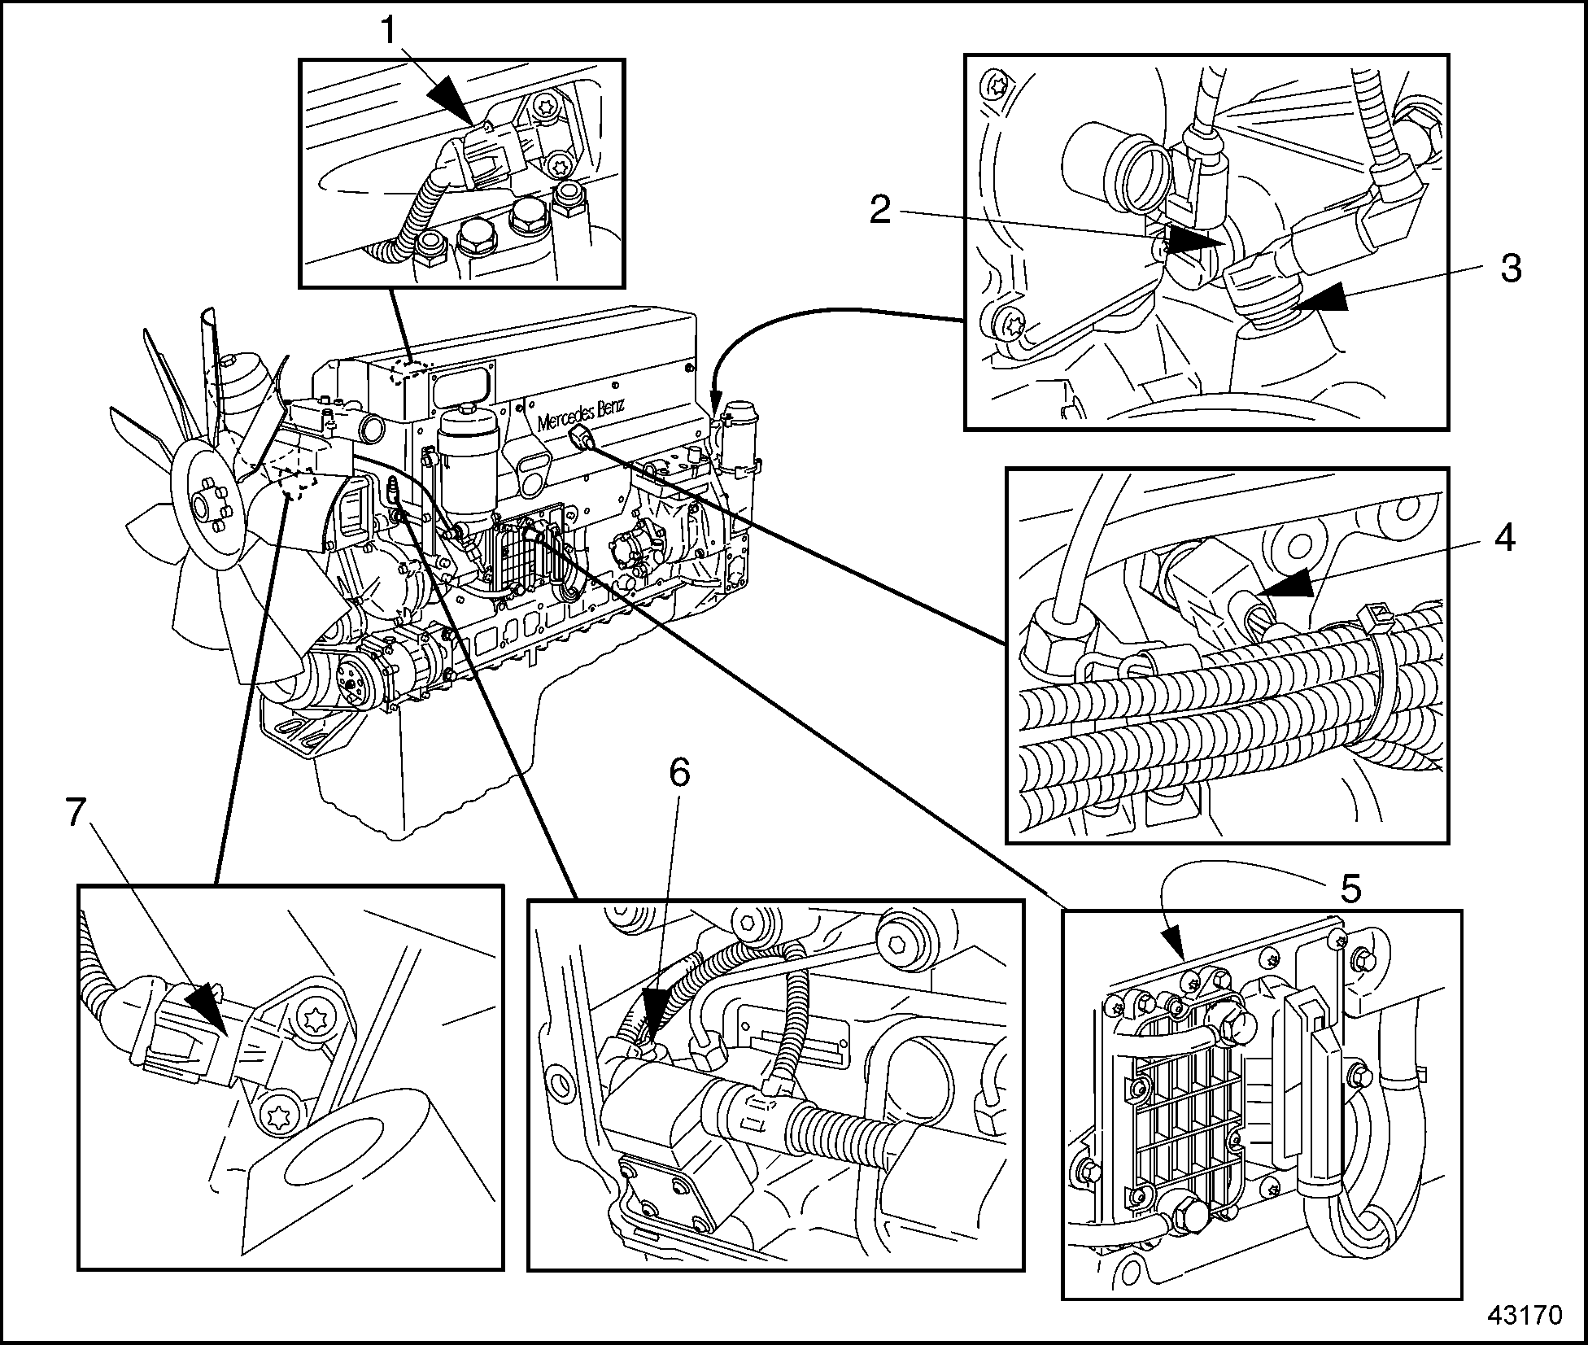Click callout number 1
(x=389, y=31)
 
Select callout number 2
(x=880, y=210)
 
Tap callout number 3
(x=1511, y=269)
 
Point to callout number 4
(x=1504, y=538)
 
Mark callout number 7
(x=75, y=812)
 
